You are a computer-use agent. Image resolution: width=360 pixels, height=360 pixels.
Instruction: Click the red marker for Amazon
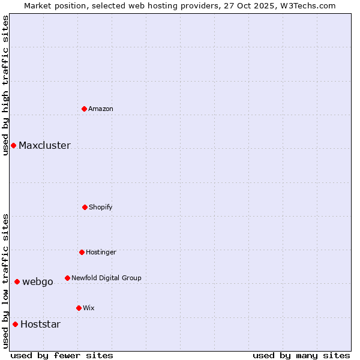tap(84, 109)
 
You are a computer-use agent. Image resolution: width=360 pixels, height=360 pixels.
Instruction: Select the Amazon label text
tap(101, 109)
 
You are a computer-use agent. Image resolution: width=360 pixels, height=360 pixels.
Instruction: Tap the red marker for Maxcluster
tap(13, 145)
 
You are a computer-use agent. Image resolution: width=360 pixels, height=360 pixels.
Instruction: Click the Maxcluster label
tap(44, 146)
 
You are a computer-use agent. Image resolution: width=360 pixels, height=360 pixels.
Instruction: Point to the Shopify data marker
tap(85, 207)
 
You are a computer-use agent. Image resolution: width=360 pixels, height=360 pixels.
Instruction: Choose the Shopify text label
tap(101, 208)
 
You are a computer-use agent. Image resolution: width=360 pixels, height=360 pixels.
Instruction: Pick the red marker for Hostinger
tap(82, 252)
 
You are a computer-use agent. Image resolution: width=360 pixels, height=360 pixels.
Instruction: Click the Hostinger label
tap(101, 253)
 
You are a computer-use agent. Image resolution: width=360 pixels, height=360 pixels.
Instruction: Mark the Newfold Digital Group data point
tap(67, 278)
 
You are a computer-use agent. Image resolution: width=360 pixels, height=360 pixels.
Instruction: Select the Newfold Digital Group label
tap(106, 278)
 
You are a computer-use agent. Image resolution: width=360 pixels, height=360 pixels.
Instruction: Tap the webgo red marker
tap(17, 281)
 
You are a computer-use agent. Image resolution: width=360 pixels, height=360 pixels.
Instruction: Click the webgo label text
tap(38, 282)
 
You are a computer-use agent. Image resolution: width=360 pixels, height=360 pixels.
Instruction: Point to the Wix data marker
tap(79, 308)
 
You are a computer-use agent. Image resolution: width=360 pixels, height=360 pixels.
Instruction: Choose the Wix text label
tap(89, 308)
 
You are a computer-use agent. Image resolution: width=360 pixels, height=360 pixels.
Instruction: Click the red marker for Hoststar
tap(15, 324)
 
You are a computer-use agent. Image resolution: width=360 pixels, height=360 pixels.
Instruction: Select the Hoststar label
tap(40, 325)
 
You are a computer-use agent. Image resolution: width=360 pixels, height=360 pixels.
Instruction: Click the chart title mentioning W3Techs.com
tap(180, 6)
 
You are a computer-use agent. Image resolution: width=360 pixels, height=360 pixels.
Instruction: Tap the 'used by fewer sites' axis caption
tap(62, 355)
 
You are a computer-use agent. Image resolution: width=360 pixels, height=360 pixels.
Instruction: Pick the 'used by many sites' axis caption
tap(301, 355)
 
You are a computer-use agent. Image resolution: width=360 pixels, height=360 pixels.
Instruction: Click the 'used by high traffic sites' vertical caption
tap(5, 85)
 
